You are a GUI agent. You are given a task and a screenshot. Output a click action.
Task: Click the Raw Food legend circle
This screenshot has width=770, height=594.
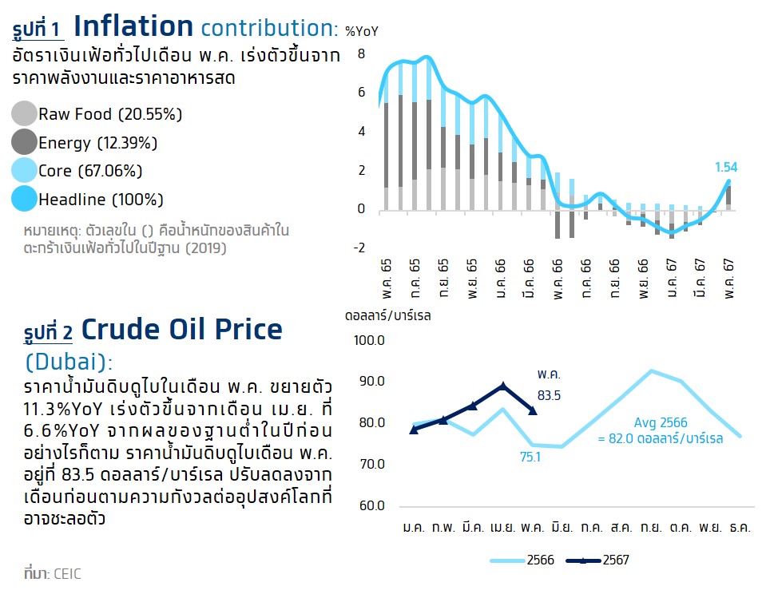coord(25,114)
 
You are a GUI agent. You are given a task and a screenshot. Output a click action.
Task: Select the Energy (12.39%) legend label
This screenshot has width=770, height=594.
coord(97,143)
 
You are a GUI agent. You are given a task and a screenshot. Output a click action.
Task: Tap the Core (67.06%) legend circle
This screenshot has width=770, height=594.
coord(25,171)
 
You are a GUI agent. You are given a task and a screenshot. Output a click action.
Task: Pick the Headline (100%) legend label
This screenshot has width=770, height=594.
coord(101,199)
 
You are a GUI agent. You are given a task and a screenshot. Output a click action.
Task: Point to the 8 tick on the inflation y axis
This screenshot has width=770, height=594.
coord(361,53)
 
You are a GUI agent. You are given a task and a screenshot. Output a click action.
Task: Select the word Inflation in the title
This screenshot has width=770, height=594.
coord(133,26)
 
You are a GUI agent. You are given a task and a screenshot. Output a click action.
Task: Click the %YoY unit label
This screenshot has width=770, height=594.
coord(362,31)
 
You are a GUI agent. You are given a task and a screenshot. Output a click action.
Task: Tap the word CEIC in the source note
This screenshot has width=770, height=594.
coord(67,573)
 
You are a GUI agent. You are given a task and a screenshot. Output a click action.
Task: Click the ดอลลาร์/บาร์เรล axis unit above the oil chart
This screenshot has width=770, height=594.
coord(388,315)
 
